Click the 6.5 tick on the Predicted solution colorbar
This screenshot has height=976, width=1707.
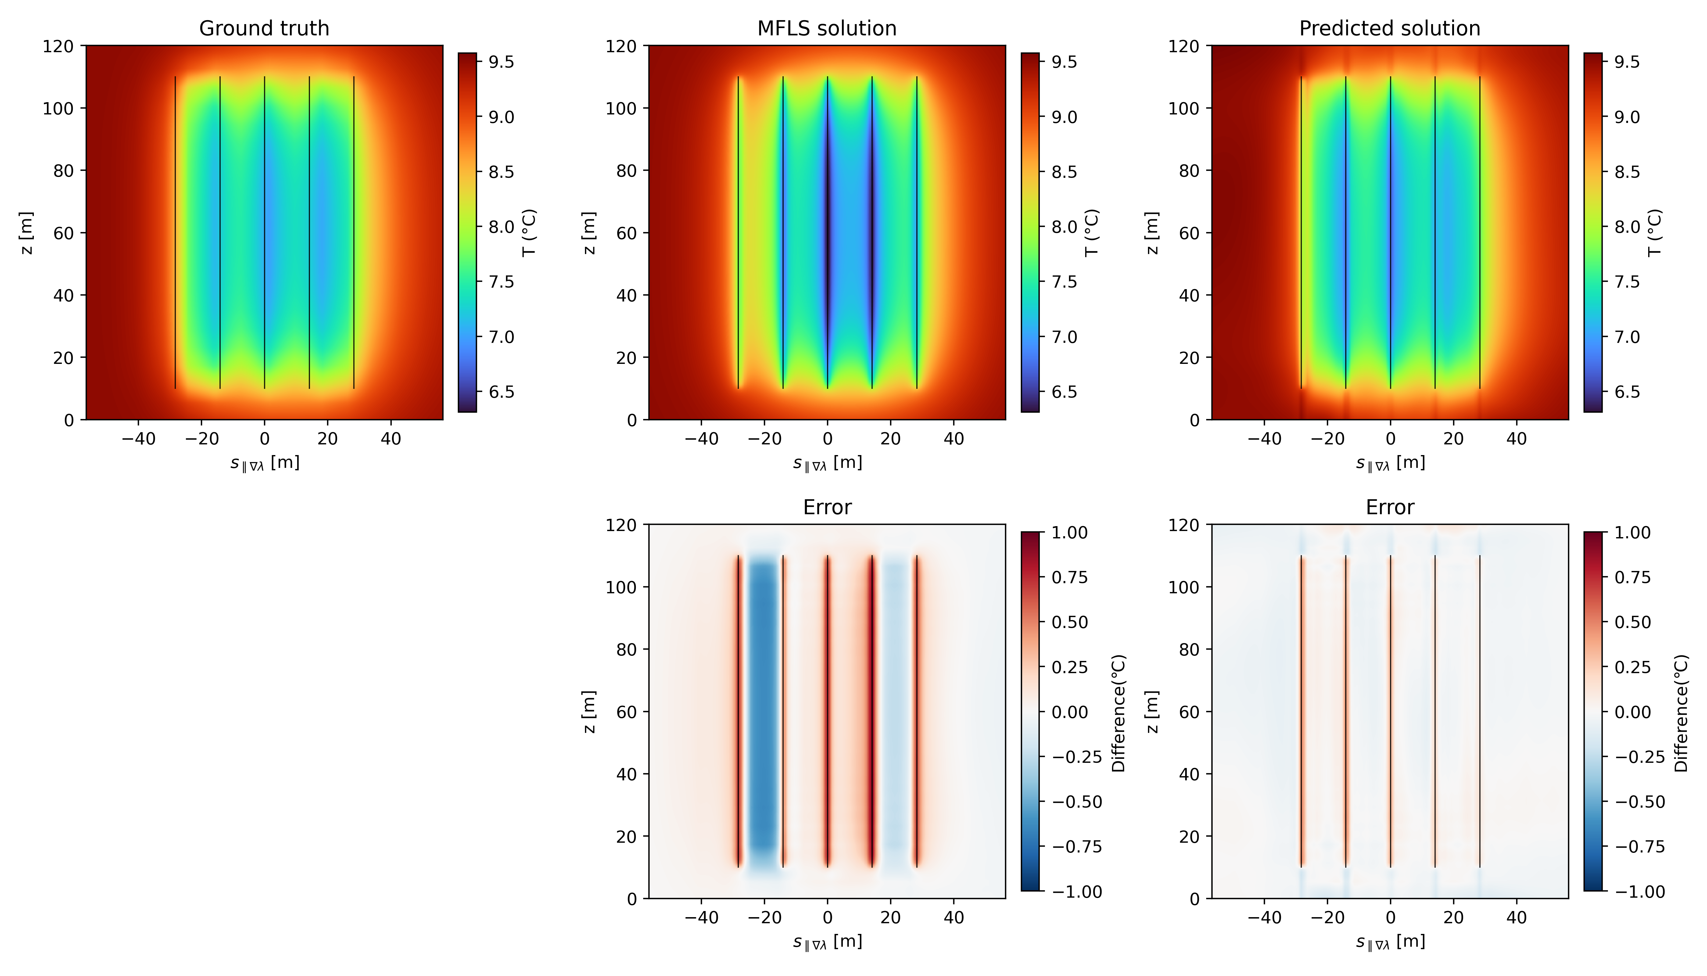(x=1627, y=392)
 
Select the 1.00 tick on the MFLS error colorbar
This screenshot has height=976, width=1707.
(x=1069, y=533)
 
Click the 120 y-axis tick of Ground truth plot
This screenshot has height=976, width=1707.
(x=58, y=46)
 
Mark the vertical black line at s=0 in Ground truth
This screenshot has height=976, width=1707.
(x=265, y=233)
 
